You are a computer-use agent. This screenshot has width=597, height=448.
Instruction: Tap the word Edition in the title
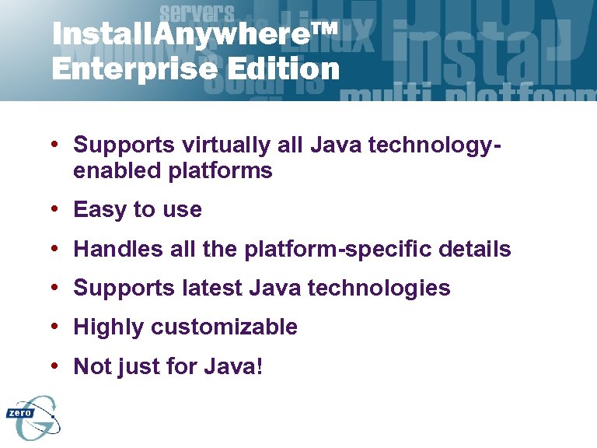coord(284,69)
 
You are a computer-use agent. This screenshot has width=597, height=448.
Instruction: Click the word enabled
coord(117,170)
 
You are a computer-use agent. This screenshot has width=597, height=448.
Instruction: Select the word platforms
coord(220,170)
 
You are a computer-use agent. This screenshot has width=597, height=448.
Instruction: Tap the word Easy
coord(100,210)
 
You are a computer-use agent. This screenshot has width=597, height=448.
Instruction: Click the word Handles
coord(118,250)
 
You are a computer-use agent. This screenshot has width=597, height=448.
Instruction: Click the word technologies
coord(379,289)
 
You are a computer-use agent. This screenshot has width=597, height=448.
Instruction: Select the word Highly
coord(109,327)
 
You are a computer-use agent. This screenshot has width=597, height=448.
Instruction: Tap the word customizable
coord(224,327)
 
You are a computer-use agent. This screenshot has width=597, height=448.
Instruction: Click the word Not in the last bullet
coord(93,366)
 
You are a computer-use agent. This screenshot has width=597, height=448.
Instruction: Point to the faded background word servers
coord(196,12)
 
